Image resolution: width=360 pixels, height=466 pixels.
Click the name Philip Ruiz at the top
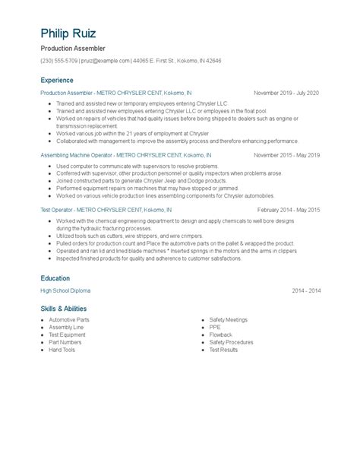coord(74,34)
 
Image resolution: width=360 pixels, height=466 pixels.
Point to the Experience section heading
coord(58,80)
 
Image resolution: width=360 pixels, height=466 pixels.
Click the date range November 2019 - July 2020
coord(286,93)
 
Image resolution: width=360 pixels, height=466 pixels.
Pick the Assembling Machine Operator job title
coord(77,154)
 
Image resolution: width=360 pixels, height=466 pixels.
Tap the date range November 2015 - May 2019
coord(286,154)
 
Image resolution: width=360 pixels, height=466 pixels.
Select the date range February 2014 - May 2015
coord(289,209)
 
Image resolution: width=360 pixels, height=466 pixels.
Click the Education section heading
coord(55,278)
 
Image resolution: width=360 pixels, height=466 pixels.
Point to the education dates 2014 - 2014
coord(305,291)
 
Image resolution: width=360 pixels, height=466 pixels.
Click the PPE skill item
coord(215,328)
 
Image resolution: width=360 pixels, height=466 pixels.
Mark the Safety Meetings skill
coord(229,321)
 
